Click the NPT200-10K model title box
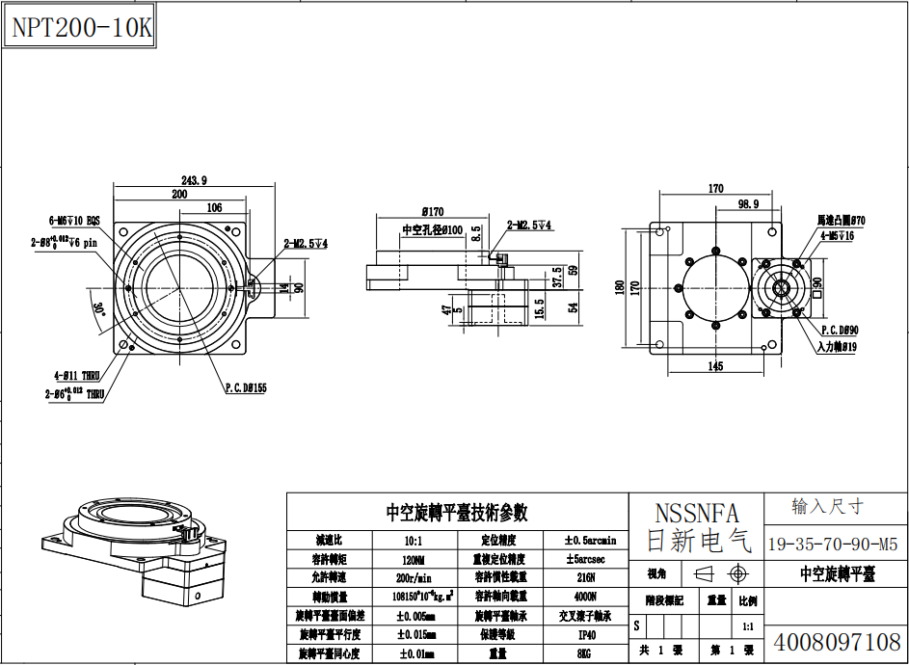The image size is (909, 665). tap(81, 28)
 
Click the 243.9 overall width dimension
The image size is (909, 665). tap(194, 180)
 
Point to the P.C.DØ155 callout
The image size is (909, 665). tap(246, 388)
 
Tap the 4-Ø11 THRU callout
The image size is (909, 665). tap(77, 376)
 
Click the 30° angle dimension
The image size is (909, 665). tap(99, 309)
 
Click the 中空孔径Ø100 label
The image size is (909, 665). tap(432, 230)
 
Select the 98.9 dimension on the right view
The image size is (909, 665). tap(747, 204)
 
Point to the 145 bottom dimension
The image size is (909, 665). tap(715, 366)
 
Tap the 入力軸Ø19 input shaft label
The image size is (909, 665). tap(837, 347)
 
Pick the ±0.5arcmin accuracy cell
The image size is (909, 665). tap(589, 540)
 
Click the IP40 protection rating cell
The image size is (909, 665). tap(587, 635)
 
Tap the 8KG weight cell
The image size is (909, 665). tap(587, 654)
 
